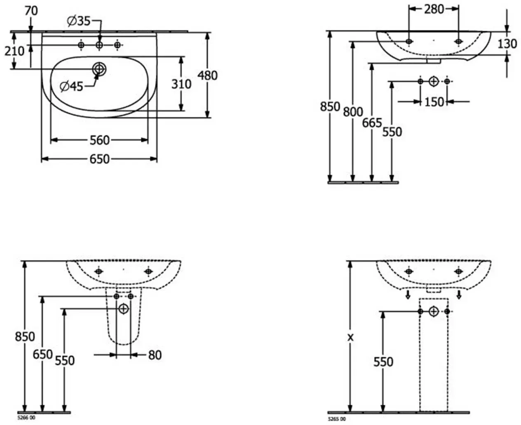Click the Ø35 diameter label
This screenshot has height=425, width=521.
tap(79, 21)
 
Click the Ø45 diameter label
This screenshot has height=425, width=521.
tap(71, 86)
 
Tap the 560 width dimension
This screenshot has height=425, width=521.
tap(100, 140)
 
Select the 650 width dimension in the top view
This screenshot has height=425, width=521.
tap(100, 159)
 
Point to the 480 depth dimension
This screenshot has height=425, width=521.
tap(207, 75)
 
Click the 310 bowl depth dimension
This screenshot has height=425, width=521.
tap(181, 84)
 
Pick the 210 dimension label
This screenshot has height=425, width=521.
tap(14, 51)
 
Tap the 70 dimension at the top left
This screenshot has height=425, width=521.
tap(31, 11)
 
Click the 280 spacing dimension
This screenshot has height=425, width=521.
tap(434, 9)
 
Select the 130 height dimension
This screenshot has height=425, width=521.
tap(507, 44)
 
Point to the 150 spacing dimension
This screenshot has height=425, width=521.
tap(434, 102)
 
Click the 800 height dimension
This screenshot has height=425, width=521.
tap(353, 112)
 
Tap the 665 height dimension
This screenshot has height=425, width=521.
tap(372, 123)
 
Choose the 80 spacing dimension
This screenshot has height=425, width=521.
tap(155, 355)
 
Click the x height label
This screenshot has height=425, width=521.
tap(350, 337)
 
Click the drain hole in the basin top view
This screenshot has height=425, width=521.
tap(99, 69)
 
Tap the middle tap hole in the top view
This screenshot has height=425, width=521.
tap(99, 45)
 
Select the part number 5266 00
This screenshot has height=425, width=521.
tap(26, 417)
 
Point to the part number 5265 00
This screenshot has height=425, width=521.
tap(337, 419)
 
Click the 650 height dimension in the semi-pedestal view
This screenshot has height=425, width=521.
tap(43, 355)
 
